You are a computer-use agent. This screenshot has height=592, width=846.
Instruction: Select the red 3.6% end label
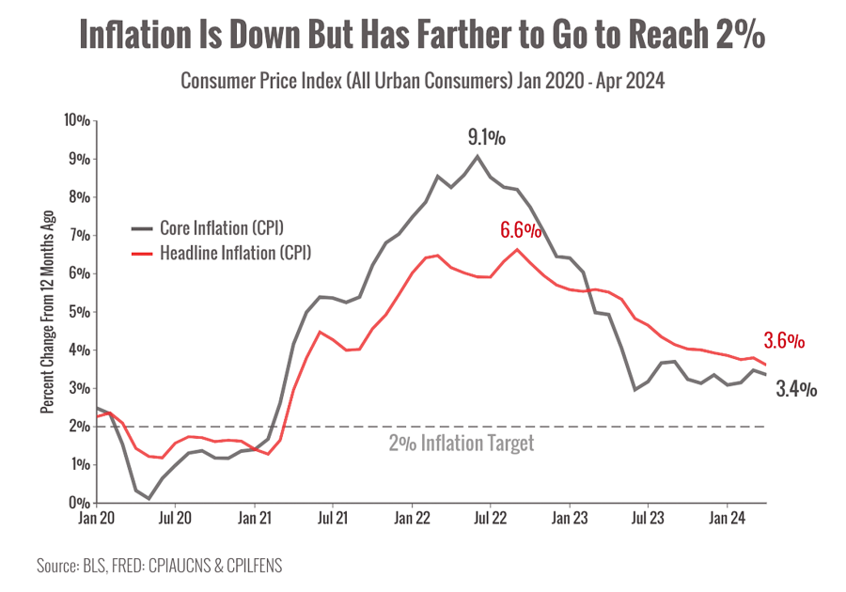[x=784, y=342]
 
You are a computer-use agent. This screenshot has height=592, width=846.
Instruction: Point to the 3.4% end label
[x=796, y=388]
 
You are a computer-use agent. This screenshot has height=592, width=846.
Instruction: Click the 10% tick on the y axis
[x=77, y=120]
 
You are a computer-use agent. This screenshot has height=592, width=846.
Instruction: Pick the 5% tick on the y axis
[x=80, y=312]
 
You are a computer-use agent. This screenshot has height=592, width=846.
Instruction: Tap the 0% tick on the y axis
[x=80, y=503]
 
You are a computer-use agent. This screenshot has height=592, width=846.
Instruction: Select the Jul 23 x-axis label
[x=648, y=517]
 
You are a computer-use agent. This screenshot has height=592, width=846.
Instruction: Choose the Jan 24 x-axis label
[x=726, y=517]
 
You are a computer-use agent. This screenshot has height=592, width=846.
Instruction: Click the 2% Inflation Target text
[x=461, y=444]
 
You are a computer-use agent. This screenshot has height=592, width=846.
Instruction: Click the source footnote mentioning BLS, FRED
[x=160, y=566]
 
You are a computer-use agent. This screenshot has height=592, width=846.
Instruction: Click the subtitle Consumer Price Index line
[x=422, y=82]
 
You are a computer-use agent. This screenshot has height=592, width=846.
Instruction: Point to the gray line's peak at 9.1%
[x=478, y=155]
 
